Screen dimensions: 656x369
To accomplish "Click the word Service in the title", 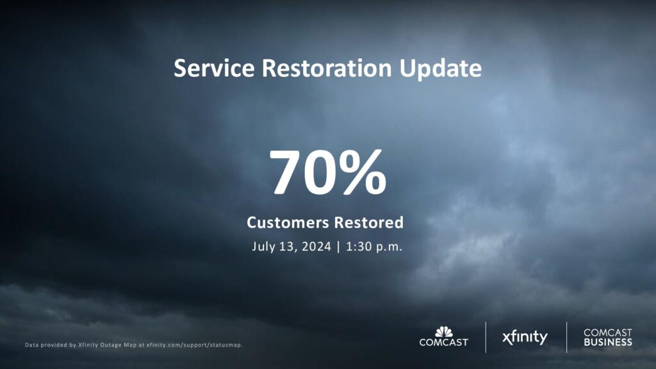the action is click(x=214, y=68).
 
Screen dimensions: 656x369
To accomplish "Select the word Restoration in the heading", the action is click(x=327, y=68).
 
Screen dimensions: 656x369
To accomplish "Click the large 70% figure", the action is click(x=327, y=172).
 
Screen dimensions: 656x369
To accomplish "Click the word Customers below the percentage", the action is click(x=288, y=222).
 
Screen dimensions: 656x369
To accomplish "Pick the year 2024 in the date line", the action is click(x=316, y=247).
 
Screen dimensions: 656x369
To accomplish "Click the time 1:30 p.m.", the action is click(x=374, y=247).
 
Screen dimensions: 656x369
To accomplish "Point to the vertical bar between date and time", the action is click(x=338, y=247).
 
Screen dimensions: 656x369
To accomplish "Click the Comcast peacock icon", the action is click(x=443, y=332).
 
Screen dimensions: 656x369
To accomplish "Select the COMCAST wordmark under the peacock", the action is click(x=443, y=342).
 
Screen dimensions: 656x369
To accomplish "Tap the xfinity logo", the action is click(x=525, y=337).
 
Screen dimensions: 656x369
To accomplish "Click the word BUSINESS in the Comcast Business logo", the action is click(x=608, y=342).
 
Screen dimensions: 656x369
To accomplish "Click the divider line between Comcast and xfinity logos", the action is click(x=486, y=337).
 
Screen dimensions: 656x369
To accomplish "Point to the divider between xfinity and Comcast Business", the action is click(x=566, y=337).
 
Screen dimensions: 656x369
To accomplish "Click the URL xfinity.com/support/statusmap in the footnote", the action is click(x=194, y=345).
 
